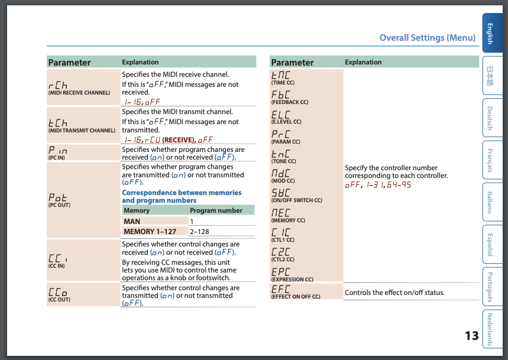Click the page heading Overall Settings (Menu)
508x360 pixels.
(x=427, y=38)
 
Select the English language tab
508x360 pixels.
(x=490, y=34)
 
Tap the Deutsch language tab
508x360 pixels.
(x=490, y=118)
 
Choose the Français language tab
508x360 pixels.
(x=490, y=160)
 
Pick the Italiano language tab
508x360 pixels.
(x=490, y=202)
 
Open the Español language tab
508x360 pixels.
(x=490, y=245)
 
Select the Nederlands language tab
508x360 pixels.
(x=490, y=329)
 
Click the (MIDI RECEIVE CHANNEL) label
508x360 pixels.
(x=79, y=93)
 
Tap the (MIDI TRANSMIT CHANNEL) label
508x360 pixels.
(x=82, y=130)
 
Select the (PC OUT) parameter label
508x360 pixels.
(x=59, y=205)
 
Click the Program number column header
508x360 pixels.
(x=216, y=210)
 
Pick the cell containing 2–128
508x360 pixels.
(x=200, y=232)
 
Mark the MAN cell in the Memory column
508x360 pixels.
(x=132, y=221)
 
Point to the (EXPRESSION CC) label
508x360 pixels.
(x=292, y=279)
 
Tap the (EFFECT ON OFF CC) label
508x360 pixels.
(x=295, y=297)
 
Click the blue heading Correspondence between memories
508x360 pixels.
(x=182, y=193)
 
